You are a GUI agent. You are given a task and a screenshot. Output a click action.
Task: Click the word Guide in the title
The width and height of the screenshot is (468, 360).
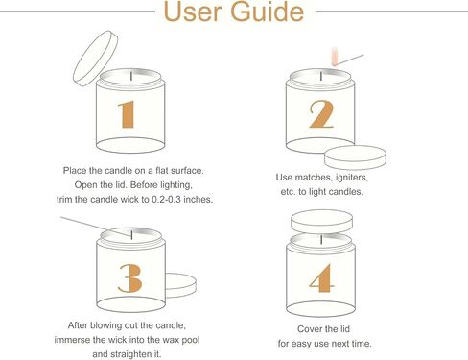pyautogui.click(x=267, y=12)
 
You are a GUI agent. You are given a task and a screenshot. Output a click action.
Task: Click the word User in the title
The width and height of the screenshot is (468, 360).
pyautogui.click(x=193, y=12)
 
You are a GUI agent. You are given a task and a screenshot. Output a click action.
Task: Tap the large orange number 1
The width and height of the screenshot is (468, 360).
pyautogui.click(x=127, y=114)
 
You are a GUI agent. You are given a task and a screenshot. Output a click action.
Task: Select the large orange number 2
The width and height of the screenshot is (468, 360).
pyautogui.click(x=321, y=114)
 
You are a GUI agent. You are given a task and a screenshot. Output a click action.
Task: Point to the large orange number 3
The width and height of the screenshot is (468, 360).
pyautogui.click(x=130, y=278)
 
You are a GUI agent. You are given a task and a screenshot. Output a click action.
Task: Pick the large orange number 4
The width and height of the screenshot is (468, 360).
pyautogui.click(x=322, y=277)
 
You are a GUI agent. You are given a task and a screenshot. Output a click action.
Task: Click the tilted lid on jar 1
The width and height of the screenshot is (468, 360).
pyautogui.click(x=95, y=59)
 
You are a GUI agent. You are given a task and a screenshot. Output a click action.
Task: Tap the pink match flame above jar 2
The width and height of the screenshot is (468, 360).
pyautogui.click(x=335, y=57)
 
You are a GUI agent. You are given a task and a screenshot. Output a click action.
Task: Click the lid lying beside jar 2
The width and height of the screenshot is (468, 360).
pyautogui.click(x=355, y=157)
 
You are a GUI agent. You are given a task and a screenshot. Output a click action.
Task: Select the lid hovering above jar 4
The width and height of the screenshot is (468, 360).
pyautogui.click(x=321, y=222)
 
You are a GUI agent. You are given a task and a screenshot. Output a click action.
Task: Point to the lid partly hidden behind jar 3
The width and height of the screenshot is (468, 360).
pyautogui.click(x=180, y=285)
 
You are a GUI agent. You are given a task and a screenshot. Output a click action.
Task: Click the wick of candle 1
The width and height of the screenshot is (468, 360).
pyautogui.click(x=131, y=76)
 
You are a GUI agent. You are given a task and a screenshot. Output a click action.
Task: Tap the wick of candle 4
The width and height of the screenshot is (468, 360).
pyautogui.click(x=321, y=239)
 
